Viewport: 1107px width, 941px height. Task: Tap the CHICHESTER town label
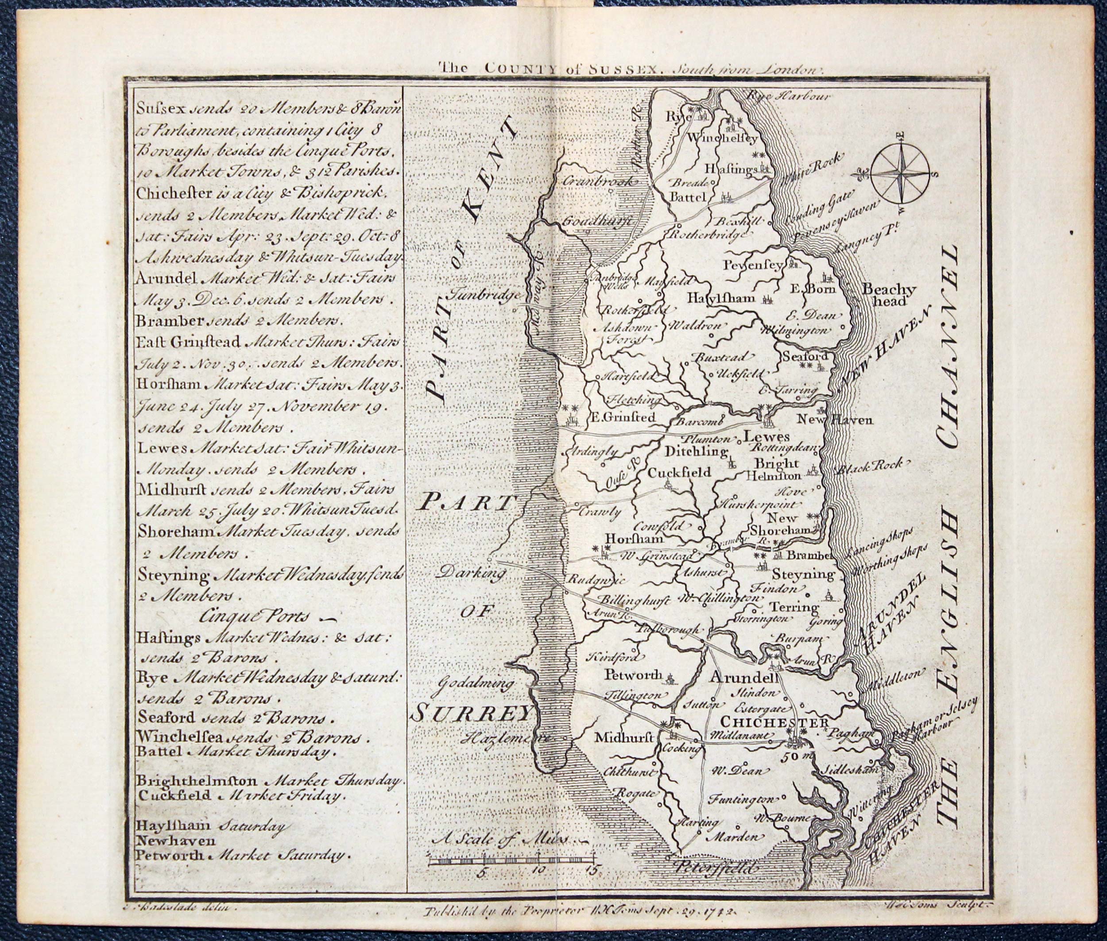pos(774,722)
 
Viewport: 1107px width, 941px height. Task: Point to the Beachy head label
pos(889,295)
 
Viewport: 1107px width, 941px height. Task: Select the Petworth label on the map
pos(633,675)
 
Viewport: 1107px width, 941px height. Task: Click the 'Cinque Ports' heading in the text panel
pos(255,617)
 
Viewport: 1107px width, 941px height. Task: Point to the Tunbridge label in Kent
pos(484,294)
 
